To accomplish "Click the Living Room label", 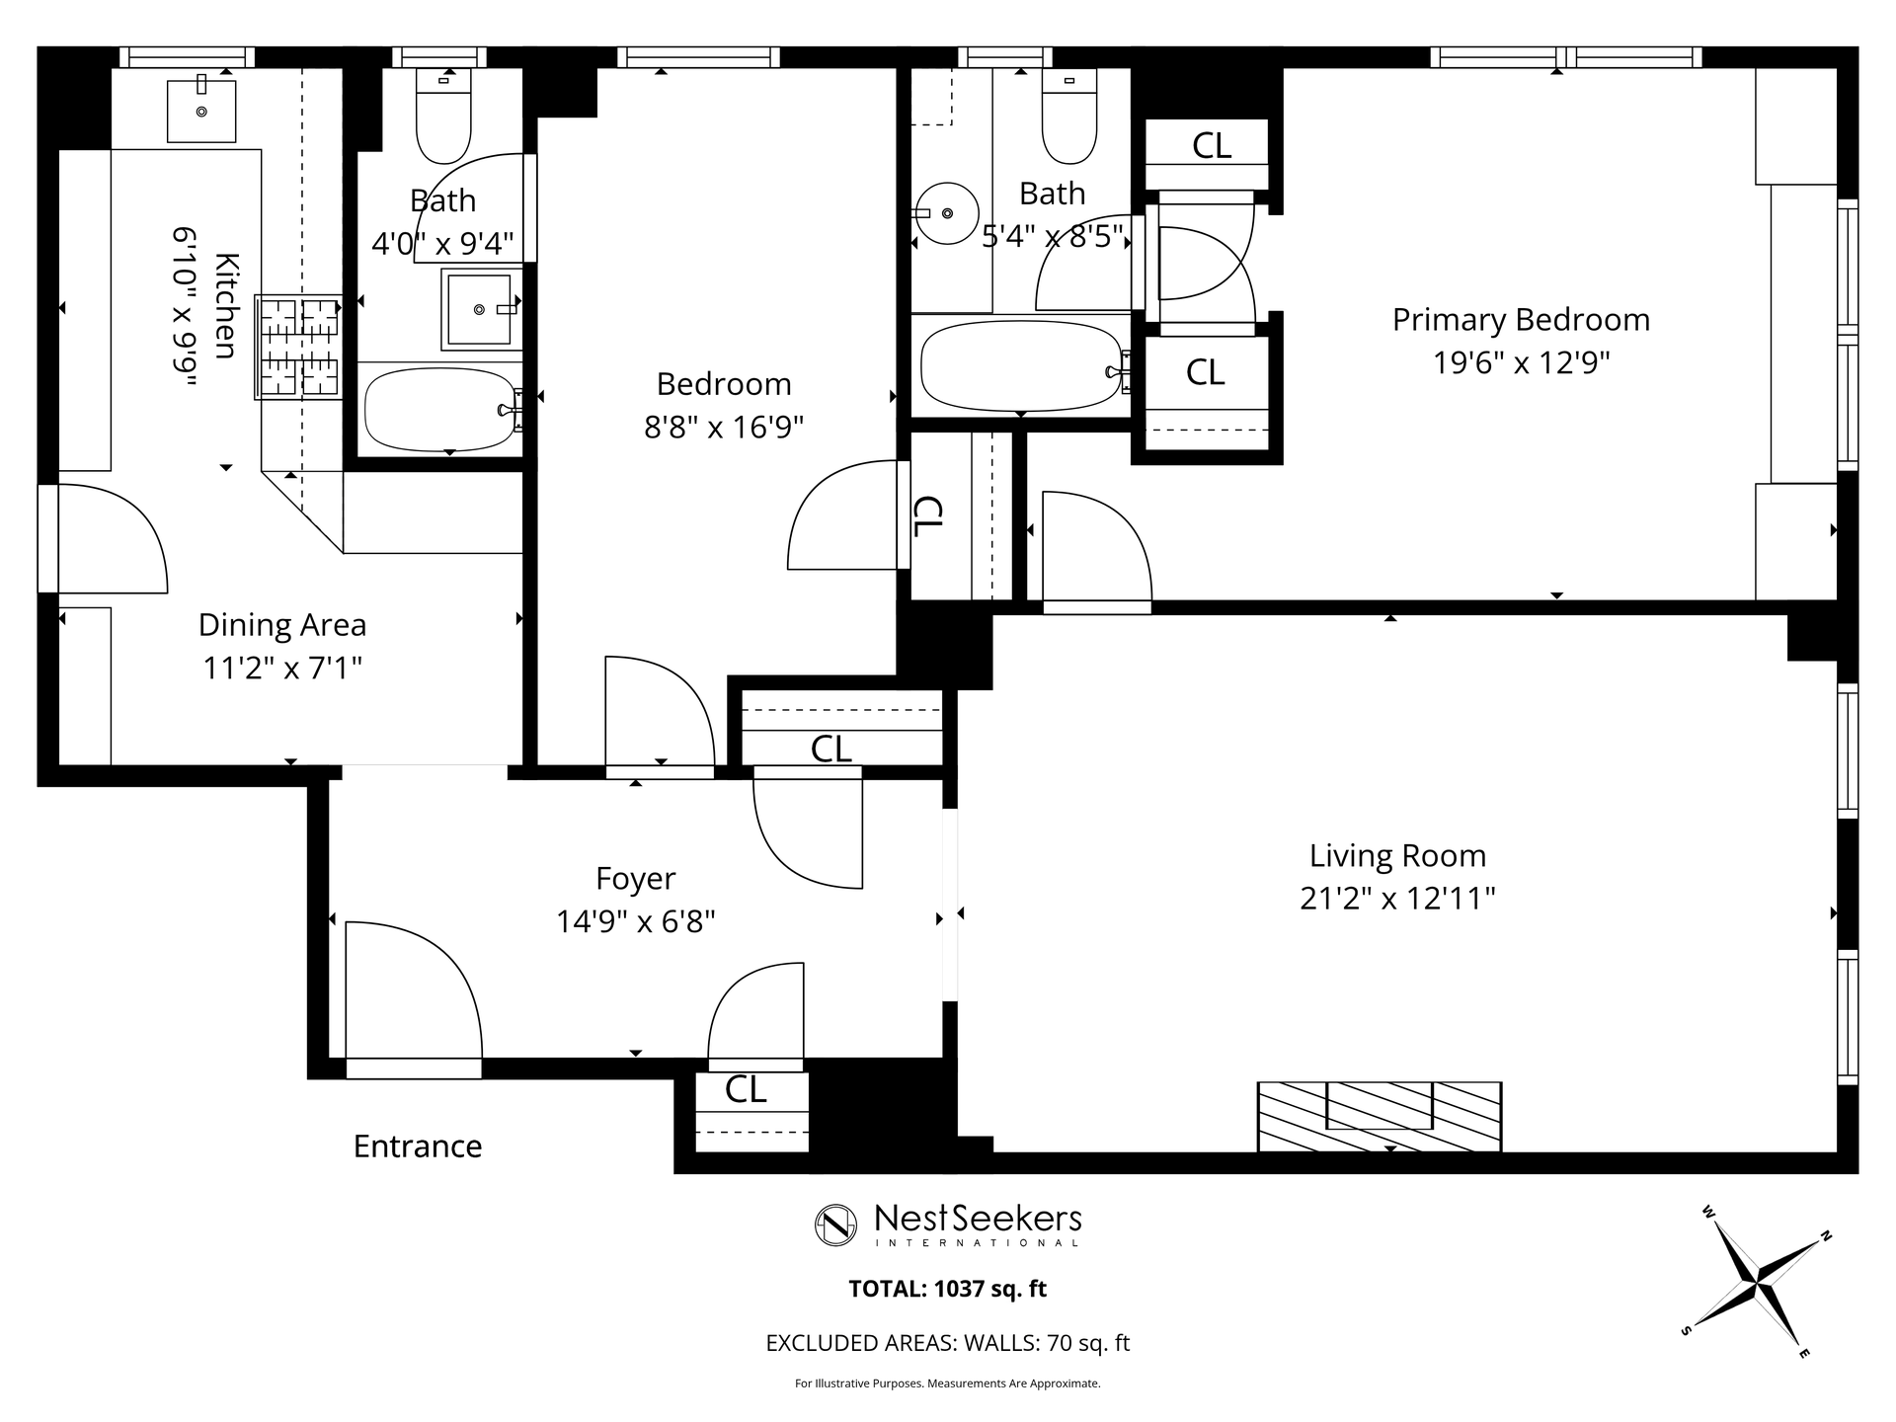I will click(x=1396, y=855).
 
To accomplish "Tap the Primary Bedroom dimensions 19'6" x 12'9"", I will click(x=1521, y=362).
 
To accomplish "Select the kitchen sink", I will click(x=201, y=112).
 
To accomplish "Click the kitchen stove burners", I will click(x=298, y=347).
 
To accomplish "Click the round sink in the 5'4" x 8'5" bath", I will click(x=946, y=213).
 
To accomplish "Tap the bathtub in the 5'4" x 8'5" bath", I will click(x=1021, y=365).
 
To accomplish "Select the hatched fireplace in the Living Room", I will click(x=1379, y=1116).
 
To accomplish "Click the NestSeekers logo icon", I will click(x=835, y=1225).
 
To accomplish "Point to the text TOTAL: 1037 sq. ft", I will click(x=947, y=1289).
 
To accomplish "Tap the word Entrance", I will click(x=418, y=1146).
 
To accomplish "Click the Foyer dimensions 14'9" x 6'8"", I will click(x=635, y=921).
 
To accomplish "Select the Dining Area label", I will click(x=282, y=625).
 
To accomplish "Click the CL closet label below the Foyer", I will click(x=746, y=1089).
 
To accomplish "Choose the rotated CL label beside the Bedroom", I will click(x=928, y=516).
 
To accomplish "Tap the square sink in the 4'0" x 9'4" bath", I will click(x=480, y=309).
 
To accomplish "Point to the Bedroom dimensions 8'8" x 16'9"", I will click(x=724, y=427).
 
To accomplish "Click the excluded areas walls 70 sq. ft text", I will click(x=947, y=1343).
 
